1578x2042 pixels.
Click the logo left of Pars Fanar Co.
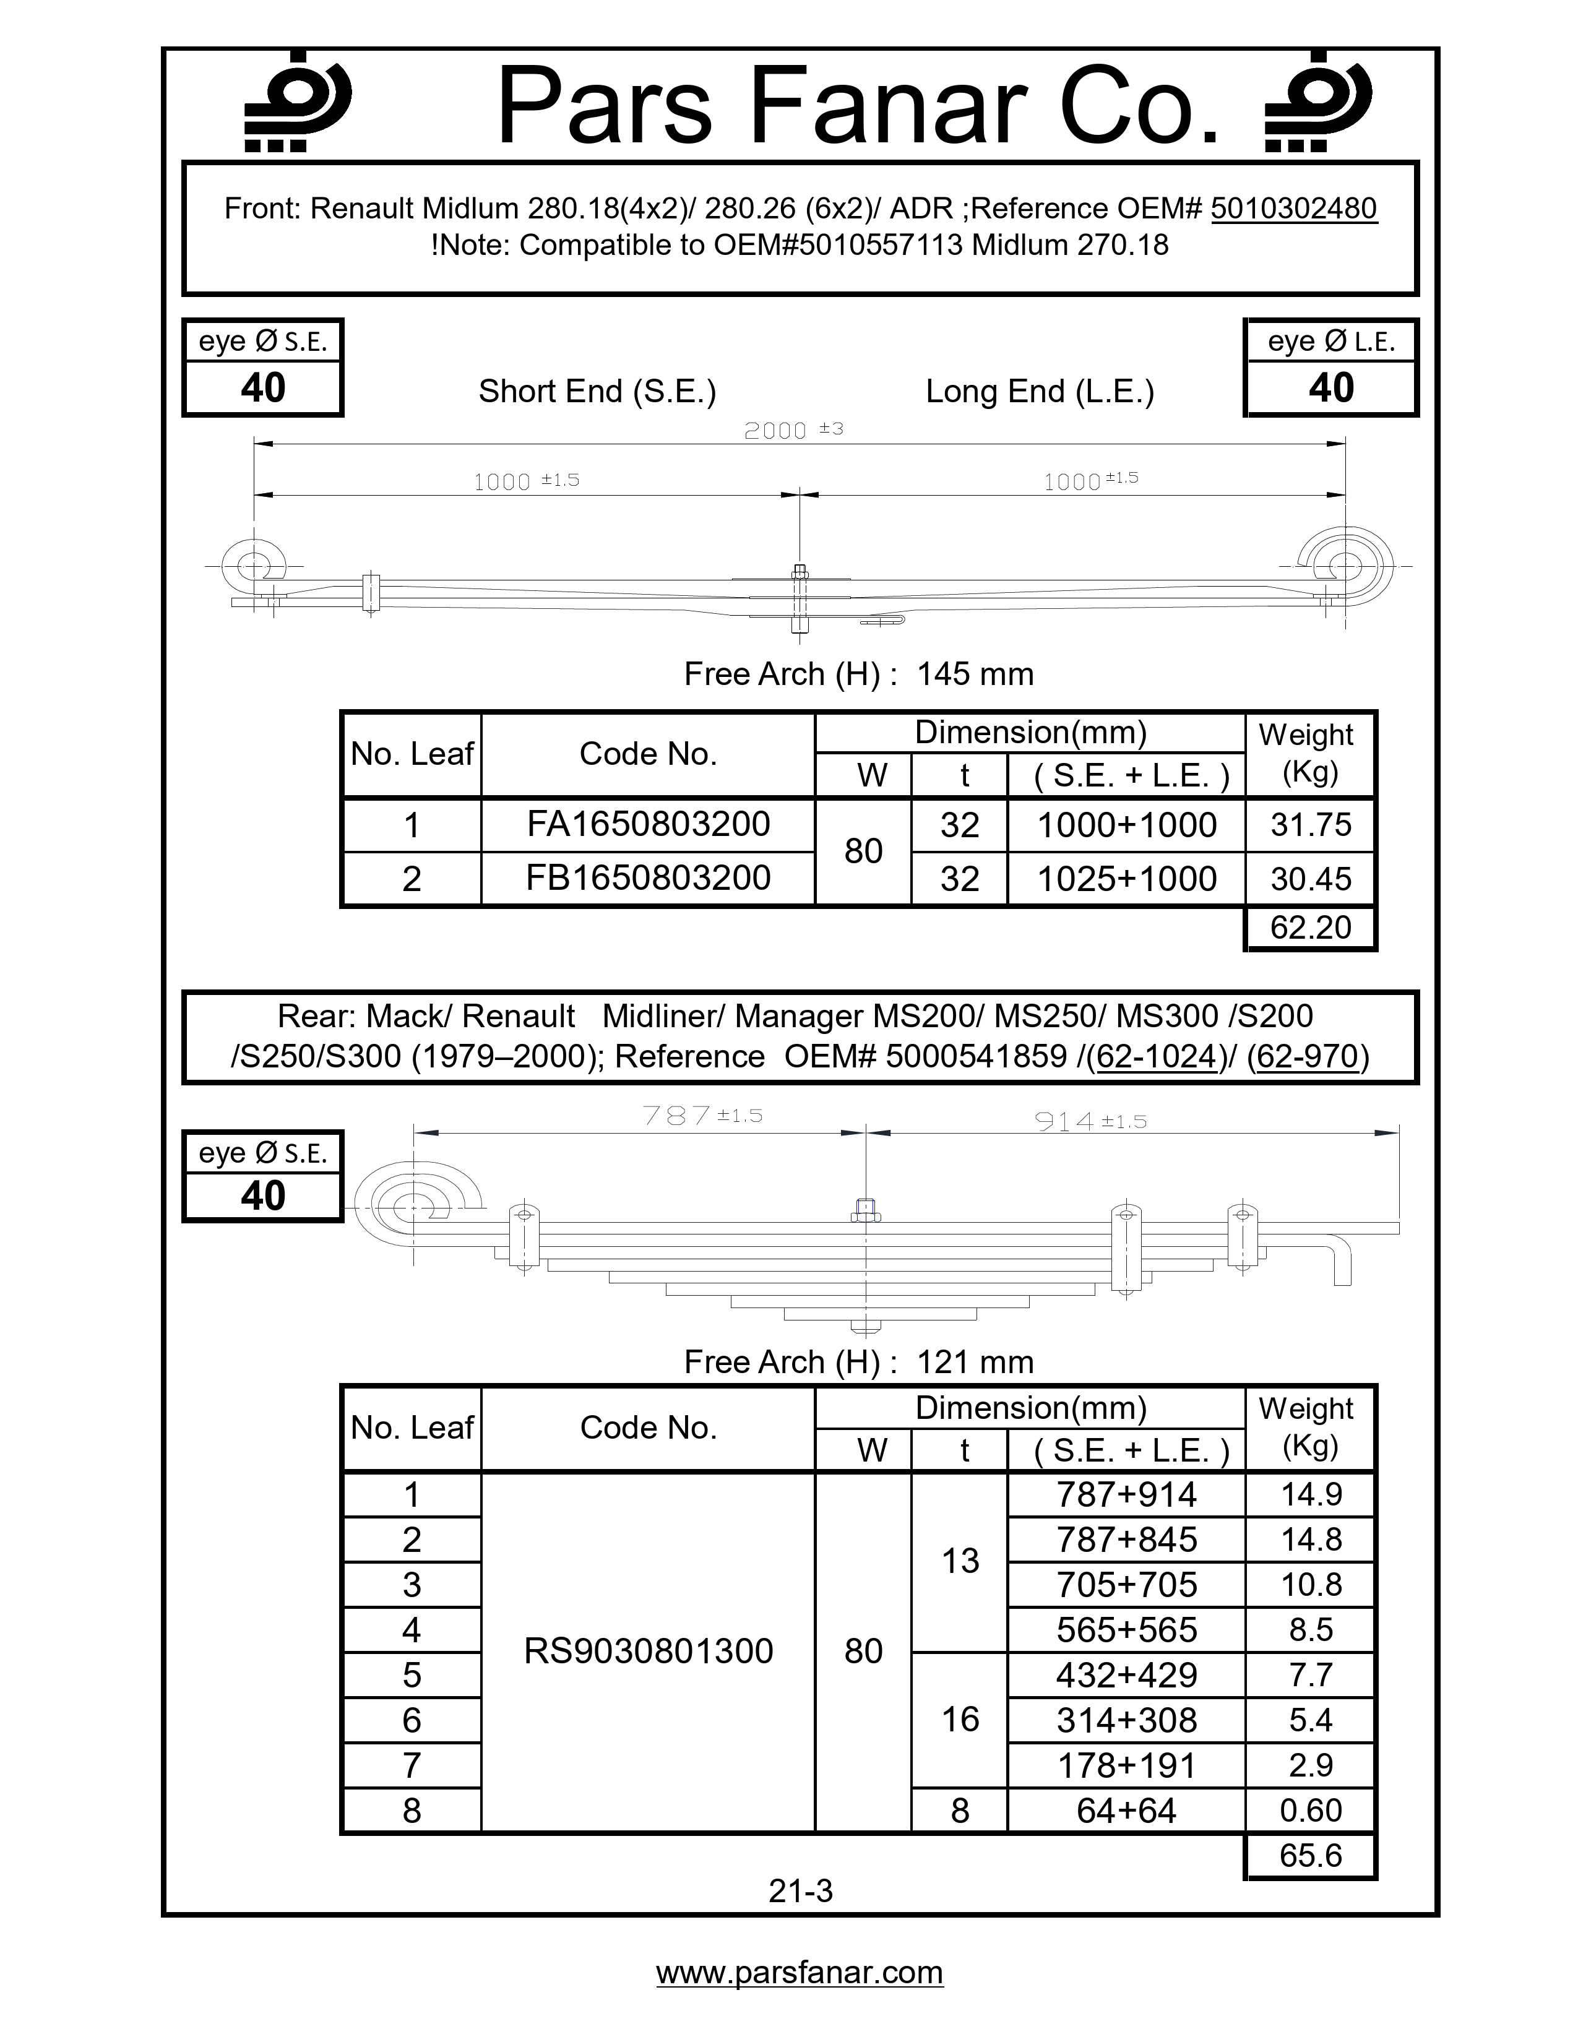(296, 102)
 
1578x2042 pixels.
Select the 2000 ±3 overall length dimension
(793, 430)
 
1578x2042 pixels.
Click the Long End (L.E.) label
(1040, 391)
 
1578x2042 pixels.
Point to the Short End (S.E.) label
(597, 391)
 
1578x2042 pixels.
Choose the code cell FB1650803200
(648, 878)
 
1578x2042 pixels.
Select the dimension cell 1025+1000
(1126, 879)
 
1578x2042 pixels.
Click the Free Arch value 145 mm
(975, 674)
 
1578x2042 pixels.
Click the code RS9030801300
(648, 1651)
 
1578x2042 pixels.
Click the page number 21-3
(800, 1892)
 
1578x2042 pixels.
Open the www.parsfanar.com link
(800, 1973)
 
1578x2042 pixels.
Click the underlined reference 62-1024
(1157, 1056)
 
